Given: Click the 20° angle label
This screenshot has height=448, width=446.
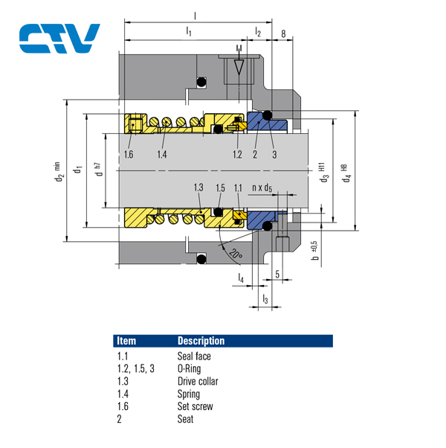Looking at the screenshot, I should coord(236,253).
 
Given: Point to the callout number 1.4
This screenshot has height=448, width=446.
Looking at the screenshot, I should coord(162,154).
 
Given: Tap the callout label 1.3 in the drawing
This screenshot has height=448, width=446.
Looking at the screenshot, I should coord(198,187).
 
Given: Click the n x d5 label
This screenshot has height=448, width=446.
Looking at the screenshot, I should coord(262,188).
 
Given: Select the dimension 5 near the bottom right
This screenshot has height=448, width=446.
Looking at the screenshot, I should coord(277,274).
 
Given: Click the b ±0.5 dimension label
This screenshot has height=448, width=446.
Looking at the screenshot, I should coord(314,246).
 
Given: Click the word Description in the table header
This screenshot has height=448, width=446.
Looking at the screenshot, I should coord(201,341).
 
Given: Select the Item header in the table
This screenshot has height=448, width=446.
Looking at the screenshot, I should coord(127,341).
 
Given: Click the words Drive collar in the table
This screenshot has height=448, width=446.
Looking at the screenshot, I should coord(198,382).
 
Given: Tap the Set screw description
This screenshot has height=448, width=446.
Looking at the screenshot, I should coord(195,406).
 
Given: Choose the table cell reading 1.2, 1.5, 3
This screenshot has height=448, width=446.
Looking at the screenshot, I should coord(135,369).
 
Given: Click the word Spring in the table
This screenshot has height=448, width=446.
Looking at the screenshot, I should coord(189,394).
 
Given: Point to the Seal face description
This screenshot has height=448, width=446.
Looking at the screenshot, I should coord(194,356).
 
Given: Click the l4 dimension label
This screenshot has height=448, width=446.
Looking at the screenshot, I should coord(241,278).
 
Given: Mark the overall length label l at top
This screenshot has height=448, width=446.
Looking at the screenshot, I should coord(195,14).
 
